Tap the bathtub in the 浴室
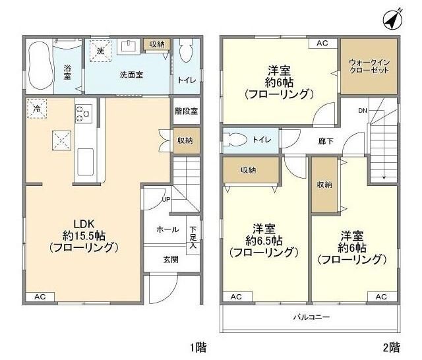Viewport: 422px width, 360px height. coord(39,66)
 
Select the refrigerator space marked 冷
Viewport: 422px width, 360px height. coord(37,109)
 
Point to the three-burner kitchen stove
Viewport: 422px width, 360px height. coord(84,113)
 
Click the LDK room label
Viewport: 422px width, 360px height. coord(82,224)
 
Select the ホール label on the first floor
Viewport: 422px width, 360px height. coord(167,229)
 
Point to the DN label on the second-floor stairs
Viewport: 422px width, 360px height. coord(363,111)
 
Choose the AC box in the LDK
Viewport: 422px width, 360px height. coord(40,297)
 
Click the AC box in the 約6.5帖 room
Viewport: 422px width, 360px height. coord(237,297)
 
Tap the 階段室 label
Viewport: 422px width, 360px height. coord(187,111)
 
